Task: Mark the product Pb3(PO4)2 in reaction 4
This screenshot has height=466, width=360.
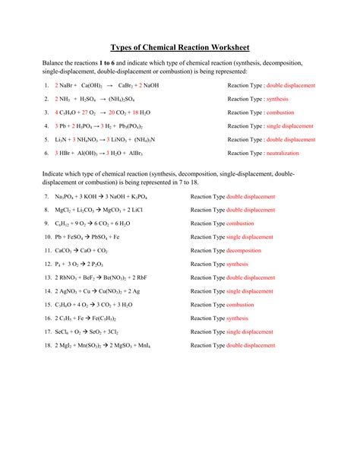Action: click(146, 126)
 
